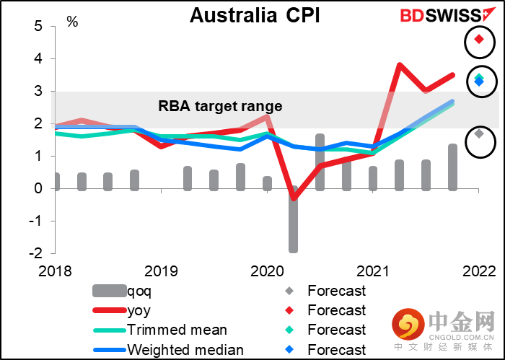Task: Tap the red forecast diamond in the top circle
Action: coord(479,39)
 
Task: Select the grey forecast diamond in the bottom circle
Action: coord(479,133)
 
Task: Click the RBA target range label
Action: coord(220,106)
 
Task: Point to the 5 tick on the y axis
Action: coord(38,26)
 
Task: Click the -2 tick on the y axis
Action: coord(35,253)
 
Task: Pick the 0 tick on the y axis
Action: coord(38,188)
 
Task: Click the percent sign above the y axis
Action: coord(72,22)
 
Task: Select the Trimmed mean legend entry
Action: coord(177,330)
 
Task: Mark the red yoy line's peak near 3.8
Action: coord(400,65)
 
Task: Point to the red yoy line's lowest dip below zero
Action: coord(294,198)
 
